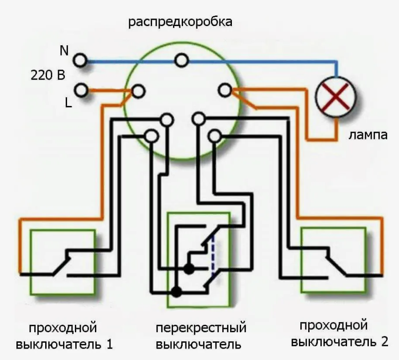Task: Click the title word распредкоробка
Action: (180, 22)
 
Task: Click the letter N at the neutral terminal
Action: (64, 51)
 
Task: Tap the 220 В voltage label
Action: (48, 75)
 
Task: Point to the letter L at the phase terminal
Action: (68, 103)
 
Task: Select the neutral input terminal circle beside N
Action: (81, 60)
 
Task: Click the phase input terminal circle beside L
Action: (82, 90)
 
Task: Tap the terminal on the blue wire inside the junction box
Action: (182, 60)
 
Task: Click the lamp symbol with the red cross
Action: (336, 97)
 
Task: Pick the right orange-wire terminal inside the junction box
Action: (224, 90)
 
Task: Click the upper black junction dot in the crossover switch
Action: (188, 269)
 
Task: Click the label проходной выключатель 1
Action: (64, 335)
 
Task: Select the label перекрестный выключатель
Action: (201, 336)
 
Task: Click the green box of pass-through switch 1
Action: (63, 262)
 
